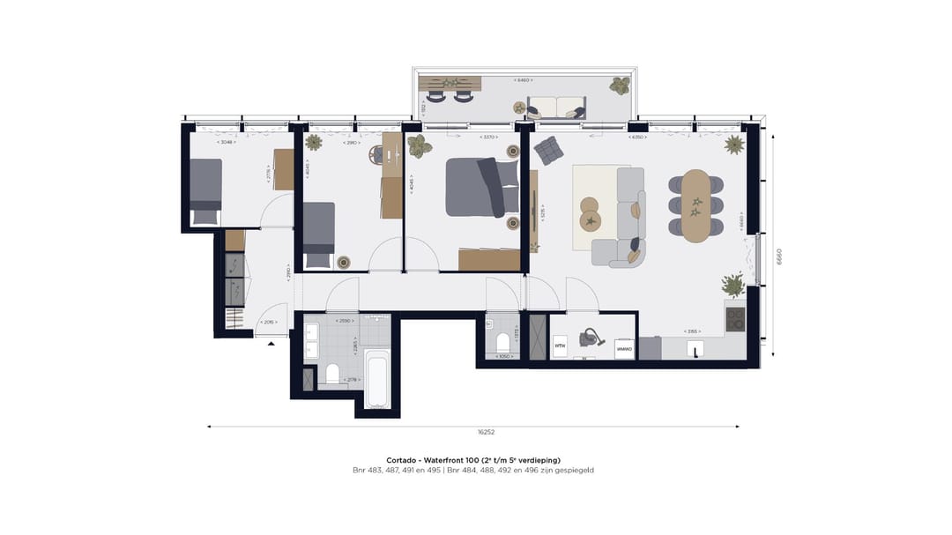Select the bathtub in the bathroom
(377, 379)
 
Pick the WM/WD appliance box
(624, 348)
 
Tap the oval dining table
(696, 204)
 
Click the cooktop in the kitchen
(734, 318)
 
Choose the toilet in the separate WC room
(502, 340)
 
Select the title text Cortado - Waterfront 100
(473, 460)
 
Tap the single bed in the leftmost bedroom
(205, 190)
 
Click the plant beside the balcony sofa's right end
(621, 85)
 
